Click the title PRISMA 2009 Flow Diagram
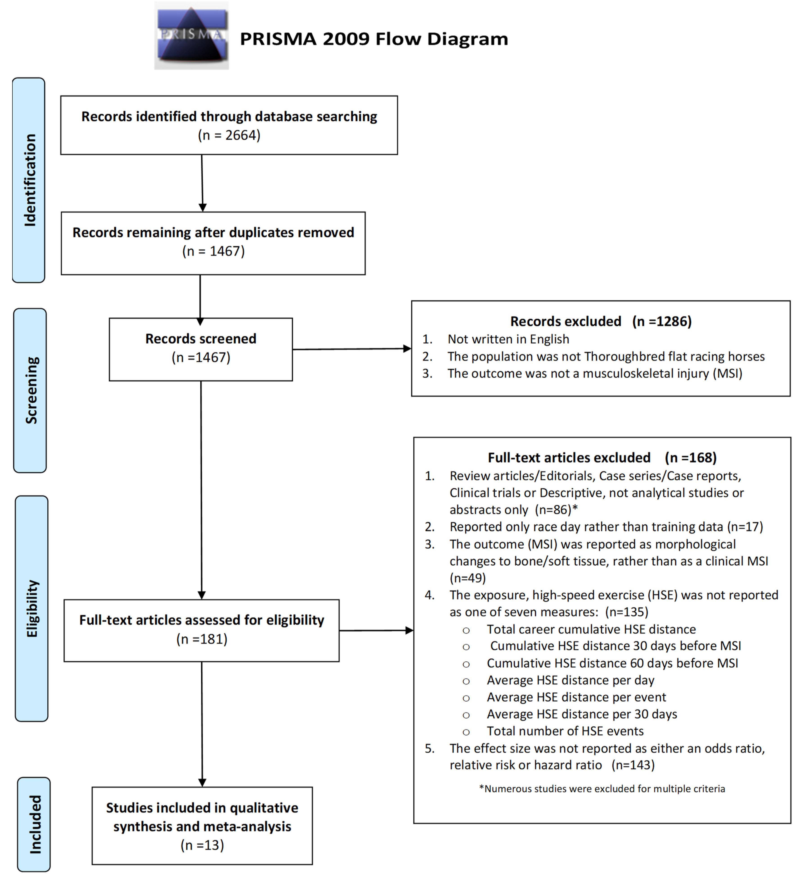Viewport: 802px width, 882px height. (x=374, y=39)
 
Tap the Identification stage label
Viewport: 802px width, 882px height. (x=29, y=180)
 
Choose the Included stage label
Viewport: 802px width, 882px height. (x=34, y=824)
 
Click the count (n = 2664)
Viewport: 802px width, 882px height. (x=229, y=135)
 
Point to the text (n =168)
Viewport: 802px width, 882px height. (x=690, y=458)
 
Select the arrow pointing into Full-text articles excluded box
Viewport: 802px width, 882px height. (x=376, y=630)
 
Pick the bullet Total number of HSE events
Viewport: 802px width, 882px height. (x=565, y=731)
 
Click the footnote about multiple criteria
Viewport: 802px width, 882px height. (x=602, y=789)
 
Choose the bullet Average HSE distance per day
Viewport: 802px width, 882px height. (x=570, y=680)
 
